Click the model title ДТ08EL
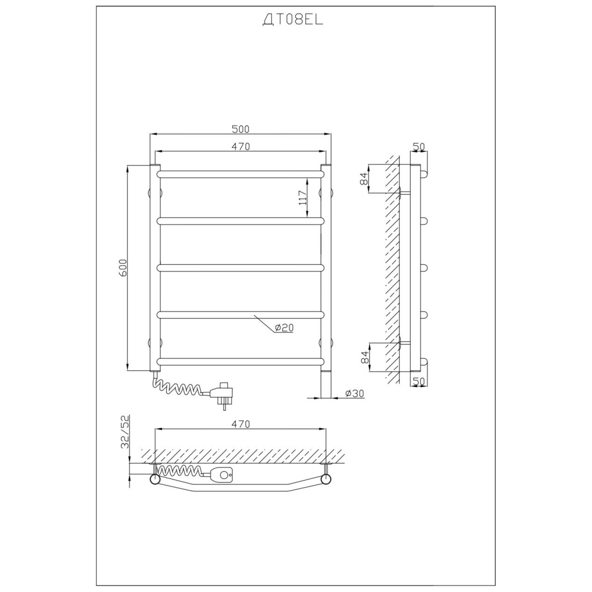[x=293, y=21]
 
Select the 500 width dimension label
[x=240, y=129]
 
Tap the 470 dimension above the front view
[x=241, y=147]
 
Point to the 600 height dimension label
[x=123, y=268]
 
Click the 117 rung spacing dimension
[x=303, y=198]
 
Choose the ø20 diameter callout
[x=284, y=327]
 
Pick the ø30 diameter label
[x=355, y=393]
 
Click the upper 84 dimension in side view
[x=364, y=179]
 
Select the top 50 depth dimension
[x=419, y=147]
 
